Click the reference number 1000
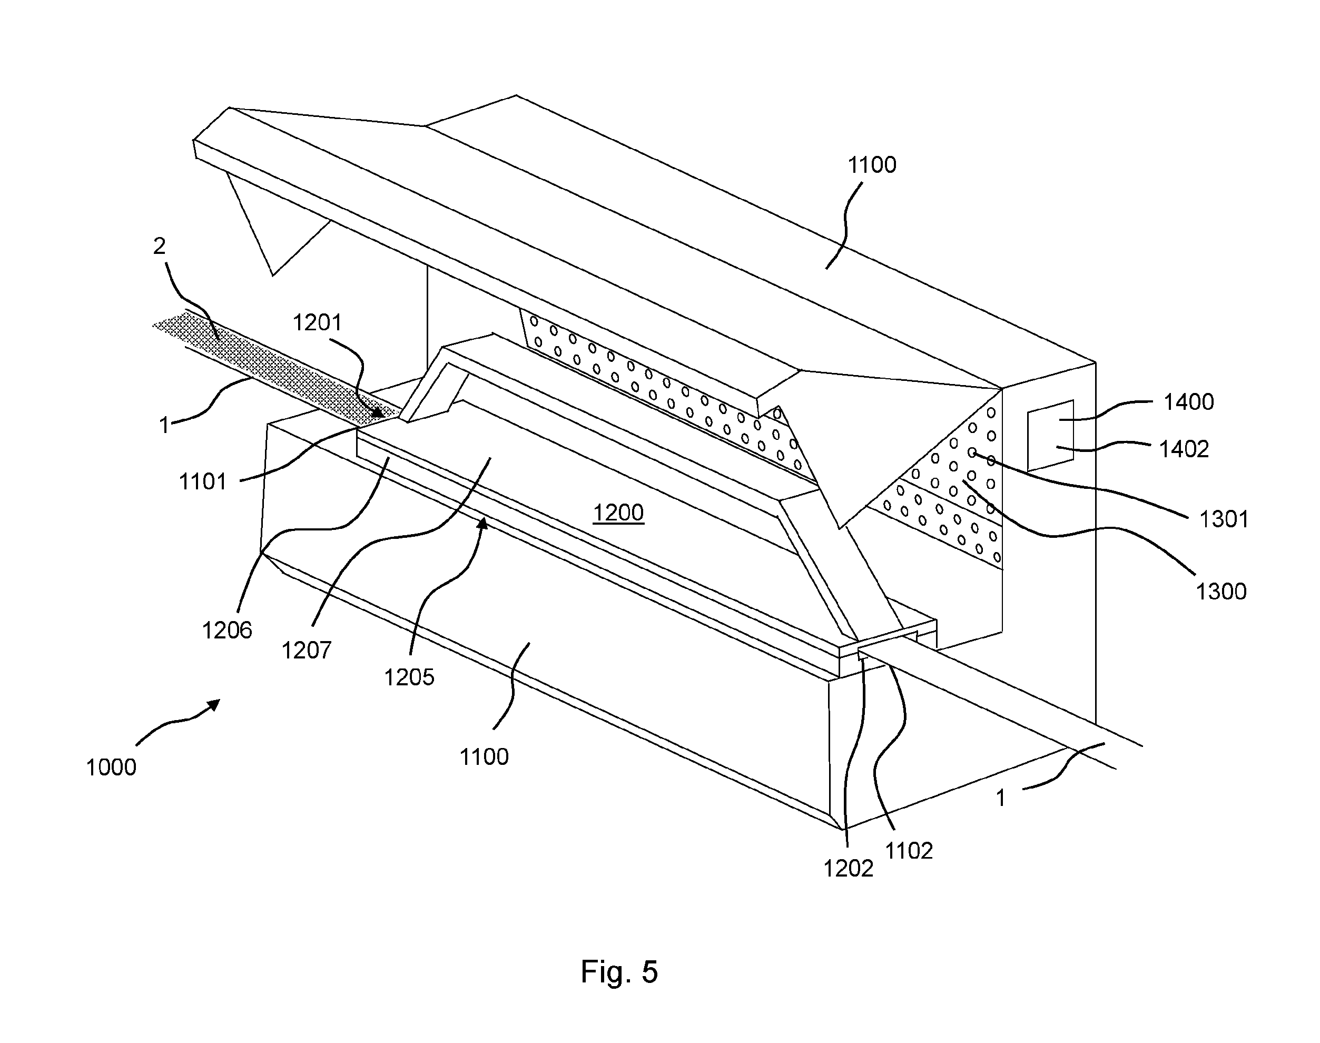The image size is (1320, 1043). pos(111,767)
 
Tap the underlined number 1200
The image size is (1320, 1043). pos(618,513)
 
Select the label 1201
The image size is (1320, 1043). pos(317,322)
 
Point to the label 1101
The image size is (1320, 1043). pos(203,482)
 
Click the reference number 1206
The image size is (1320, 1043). pos(227,630)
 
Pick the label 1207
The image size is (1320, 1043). pos(306,651)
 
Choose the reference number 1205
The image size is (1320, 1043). pos(409,676)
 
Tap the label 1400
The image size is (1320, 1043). pos(1188,402)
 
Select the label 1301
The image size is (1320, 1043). pos(1224,519)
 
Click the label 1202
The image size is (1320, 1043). pos(848,868)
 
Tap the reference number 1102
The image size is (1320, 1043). pos(909,851)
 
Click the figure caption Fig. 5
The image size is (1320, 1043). pos(619,971)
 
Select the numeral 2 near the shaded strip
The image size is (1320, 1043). pos(160,246)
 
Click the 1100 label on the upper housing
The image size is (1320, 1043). pos(872,165)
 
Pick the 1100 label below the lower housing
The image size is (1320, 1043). pos(484,756)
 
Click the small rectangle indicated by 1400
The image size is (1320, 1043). pos(1050,436)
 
